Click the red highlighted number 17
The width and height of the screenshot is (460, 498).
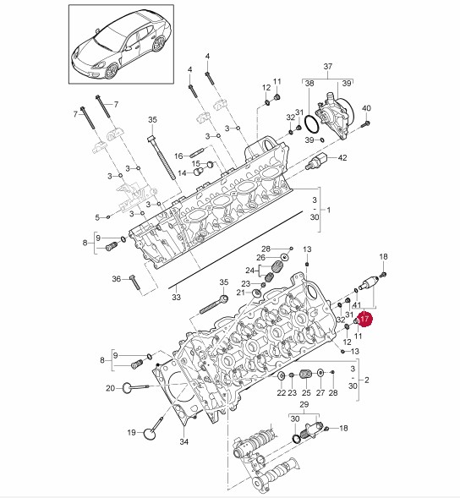click(x=364, y=318)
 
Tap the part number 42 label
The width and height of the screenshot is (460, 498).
click(x=342, y=157)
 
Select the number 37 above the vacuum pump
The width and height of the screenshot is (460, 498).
click(x=328, y=67)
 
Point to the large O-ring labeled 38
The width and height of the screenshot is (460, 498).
click(x=312, y=124)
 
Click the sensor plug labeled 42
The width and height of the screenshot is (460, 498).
click(x=317, y=161)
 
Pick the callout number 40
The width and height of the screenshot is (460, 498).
click(x=366, y=108)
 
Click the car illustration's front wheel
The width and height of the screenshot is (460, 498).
click(x=112, y=71)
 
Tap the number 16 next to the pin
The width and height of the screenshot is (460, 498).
click(x=178, y=156)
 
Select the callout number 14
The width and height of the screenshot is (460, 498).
click(x=182, y=173)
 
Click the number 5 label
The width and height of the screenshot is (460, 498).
click(x=97, y=217)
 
